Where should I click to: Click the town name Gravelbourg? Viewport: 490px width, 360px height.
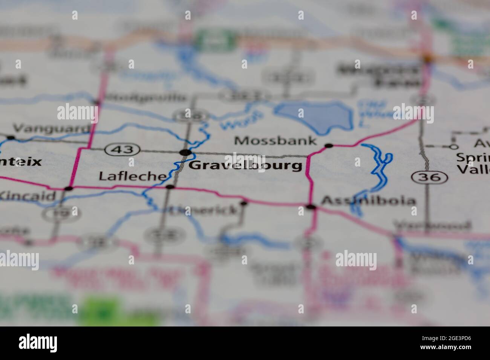click(245, 165)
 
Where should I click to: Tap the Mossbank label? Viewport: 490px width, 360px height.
click(275, 141)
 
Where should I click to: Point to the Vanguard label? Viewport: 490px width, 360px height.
click(52, 129)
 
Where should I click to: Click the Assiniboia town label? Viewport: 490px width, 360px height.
click(368, 201)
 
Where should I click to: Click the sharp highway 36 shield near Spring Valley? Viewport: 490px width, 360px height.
click(430, 177)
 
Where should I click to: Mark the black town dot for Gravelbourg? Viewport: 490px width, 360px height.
click(185, 153)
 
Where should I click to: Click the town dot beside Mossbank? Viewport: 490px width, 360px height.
click(329, 145)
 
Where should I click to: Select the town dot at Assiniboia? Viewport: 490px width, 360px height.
click(311, 207)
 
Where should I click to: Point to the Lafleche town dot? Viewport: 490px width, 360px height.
click(170, 187)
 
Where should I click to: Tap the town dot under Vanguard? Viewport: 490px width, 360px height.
click(11, 137)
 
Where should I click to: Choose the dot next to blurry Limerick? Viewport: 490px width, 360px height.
click(244, 203)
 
